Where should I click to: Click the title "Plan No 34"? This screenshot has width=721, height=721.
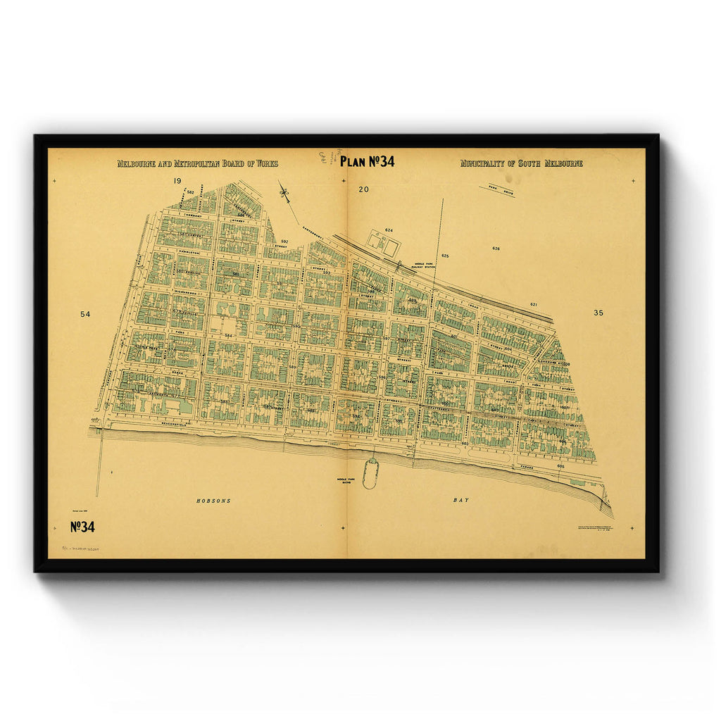[x=367, y=161]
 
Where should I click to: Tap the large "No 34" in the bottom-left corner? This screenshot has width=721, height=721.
[x=82, y=527]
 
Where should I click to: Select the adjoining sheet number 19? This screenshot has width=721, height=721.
[x=177, y=182]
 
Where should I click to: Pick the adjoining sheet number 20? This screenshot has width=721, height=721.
[x=363, y=189]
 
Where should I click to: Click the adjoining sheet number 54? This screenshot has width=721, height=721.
[x=85, y=313]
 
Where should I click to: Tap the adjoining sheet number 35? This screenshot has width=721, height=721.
[x=598, y=313]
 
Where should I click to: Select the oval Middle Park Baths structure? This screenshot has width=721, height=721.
[x=370, y=472]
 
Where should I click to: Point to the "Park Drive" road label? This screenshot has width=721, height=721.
[x=497, y=189]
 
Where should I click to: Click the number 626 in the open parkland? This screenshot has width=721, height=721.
[x=496, y=249]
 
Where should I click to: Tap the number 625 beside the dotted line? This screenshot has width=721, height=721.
[x=445, y=256]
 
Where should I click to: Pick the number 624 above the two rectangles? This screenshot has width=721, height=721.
[x=388, y=230]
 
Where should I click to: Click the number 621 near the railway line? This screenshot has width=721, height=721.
[x=533, y=304]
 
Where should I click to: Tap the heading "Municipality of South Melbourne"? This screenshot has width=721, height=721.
[x=521, y=163]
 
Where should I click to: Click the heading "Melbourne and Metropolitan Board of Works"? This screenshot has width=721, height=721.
[x=197, y=163]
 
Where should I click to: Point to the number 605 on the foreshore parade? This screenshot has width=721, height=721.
[x=560, y=466]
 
